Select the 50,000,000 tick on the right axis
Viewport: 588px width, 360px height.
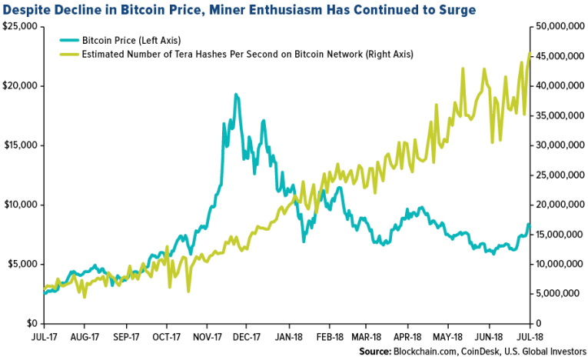[556, 26]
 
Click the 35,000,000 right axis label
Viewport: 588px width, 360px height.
[556, 115]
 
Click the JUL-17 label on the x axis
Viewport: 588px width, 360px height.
[44, 336]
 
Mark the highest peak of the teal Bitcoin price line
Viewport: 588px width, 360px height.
[236, 95]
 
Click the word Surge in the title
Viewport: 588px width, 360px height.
[452, 10]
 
